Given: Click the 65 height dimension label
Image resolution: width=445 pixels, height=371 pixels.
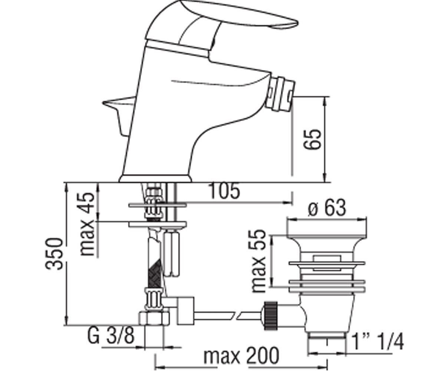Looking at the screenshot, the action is click(312, 139).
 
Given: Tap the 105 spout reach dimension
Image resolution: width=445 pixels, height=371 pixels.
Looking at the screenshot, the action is click(224, 191).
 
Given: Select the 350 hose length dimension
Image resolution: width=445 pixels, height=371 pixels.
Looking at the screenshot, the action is click(54, 254).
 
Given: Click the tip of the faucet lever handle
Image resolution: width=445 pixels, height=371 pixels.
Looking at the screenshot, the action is click(297, 23).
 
